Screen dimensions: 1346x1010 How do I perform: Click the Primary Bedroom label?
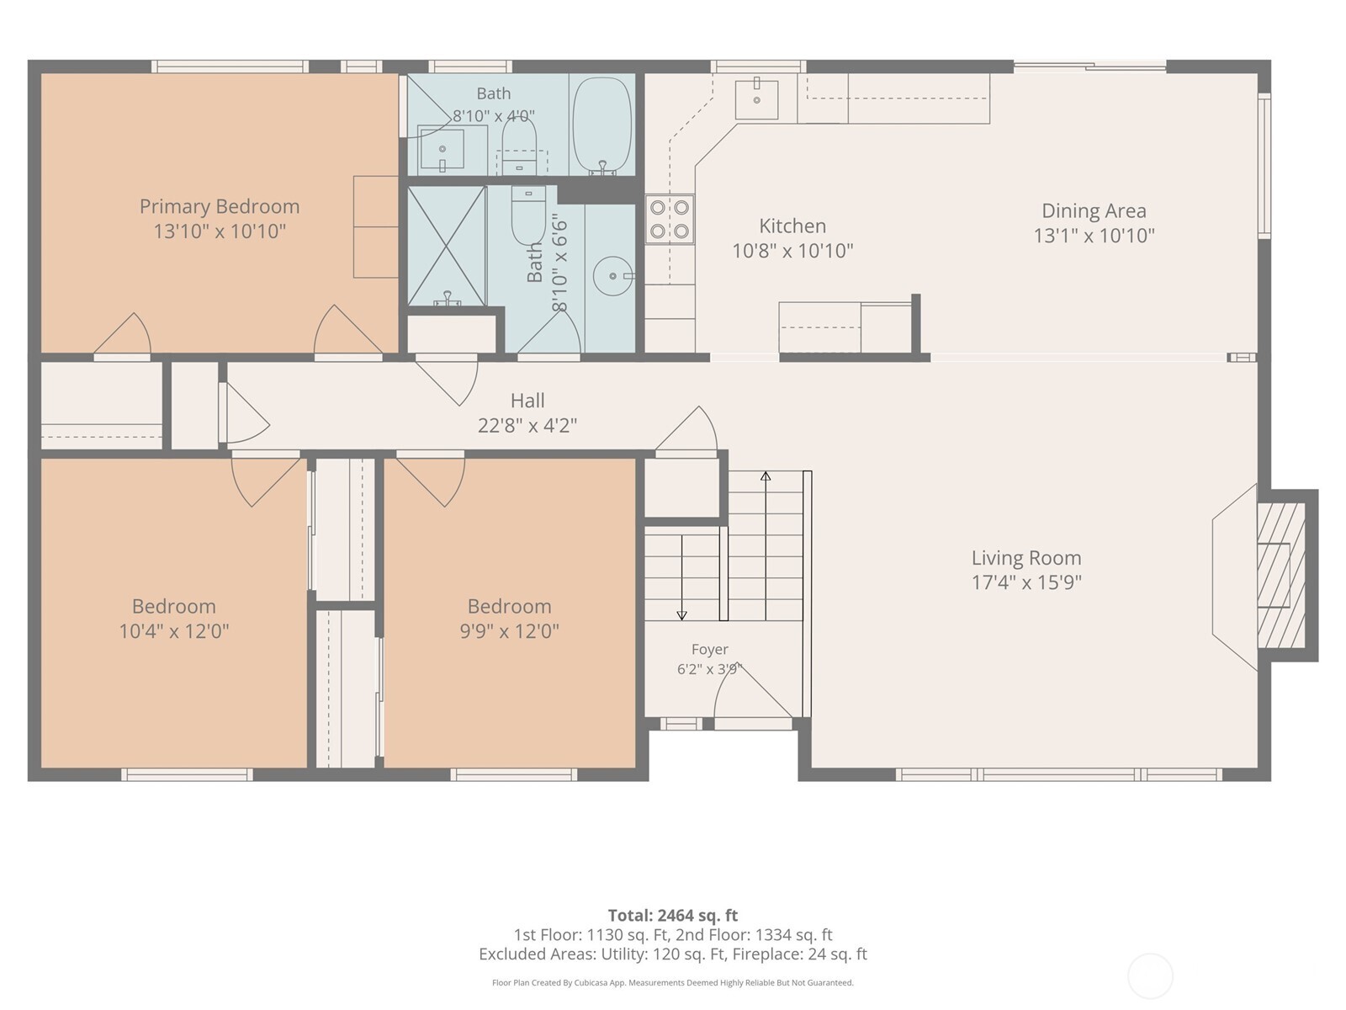point(220,207)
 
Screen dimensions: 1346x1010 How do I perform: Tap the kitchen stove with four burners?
point(669,219)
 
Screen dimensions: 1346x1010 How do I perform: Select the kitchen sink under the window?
point(756,98)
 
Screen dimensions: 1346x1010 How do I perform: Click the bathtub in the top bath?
point(602,125)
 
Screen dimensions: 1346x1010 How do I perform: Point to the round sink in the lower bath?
point(613,276)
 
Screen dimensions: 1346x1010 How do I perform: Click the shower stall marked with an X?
point(447,246)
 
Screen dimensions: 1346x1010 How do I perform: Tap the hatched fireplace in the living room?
point(1280,575)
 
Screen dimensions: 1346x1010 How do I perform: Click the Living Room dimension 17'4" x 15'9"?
point(1026,582)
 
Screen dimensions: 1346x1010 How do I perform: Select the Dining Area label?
point(1094,211)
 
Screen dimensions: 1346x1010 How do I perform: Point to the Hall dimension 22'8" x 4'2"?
point(527,425)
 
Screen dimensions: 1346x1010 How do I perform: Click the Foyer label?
point(709,650)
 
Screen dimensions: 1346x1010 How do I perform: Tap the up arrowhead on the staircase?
point(766,476)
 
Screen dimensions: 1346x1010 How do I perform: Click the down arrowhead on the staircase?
point(681,615)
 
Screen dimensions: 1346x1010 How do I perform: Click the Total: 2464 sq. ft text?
point(673,916)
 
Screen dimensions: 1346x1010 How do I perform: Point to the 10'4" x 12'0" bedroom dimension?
point(173,631)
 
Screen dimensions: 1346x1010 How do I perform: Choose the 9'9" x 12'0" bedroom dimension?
point(509,631)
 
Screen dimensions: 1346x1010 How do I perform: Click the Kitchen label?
point(792,226)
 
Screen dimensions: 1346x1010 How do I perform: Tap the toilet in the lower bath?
point(528,215)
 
